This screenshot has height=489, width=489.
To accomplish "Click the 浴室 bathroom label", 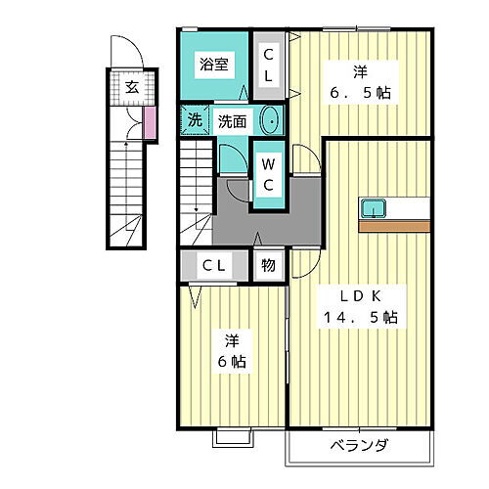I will pos(214,65).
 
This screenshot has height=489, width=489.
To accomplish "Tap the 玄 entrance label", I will pos(130,86).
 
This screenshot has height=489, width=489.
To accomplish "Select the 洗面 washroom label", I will pos(232,122).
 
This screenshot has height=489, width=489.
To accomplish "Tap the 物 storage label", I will pos(268,265).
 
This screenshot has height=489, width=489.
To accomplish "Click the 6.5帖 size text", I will pos(362,93).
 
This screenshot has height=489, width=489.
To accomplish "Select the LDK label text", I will pos(361,295).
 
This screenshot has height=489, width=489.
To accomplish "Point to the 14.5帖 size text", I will pos(361,318).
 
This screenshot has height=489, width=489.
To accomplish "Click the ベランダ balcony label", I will pos(360,446).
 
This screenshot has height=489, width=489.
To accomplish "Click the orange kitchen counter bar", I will pos(394,225).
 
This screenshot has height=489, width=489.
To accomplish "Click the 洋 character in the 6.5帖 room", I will pos(362,70).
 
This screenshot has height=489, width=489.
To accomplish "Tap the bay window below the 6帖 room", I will pos(233,436).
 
